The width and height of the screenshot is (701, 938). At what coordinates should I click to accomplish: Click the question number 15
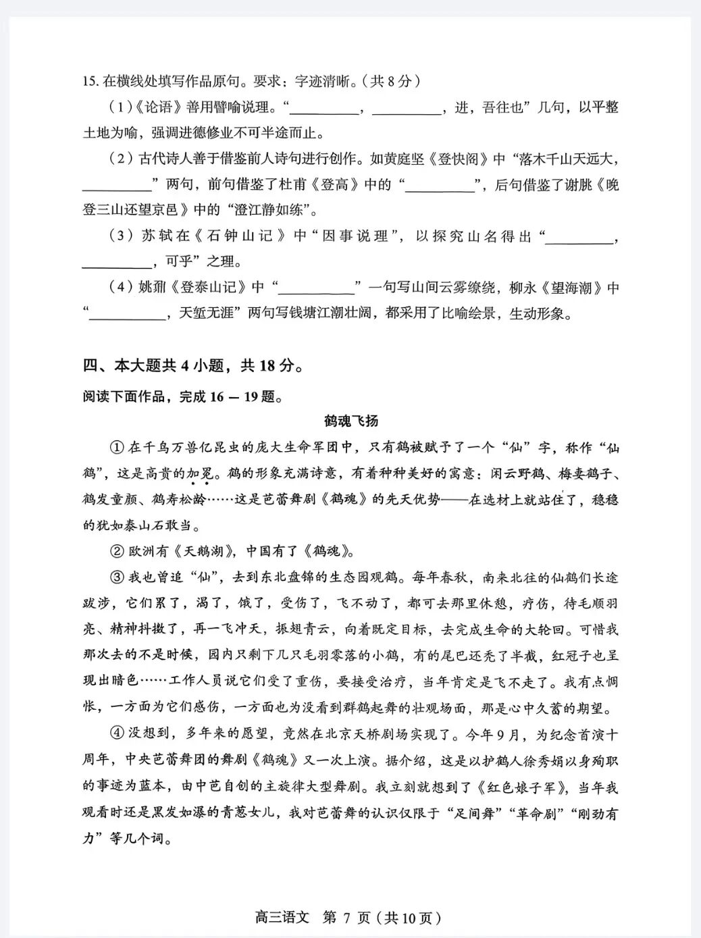click(x=90, y=82)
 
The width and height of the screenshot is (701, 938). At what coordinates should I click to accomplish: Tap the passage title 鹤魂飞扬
click(x=350, y=421)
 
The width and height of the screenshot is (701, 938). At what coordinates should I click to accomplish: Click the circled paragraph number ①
click(x=117, y=448)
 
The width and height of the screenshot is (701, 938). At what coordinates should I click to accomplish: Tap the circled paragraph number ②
click(x=117, y=551)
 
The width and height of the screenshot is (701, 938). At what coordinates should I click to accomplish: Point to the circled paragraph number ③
click(x=117, y=577)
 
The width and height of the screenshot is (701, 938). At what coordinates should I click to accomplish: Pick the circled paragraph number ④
click(x=117, y=735)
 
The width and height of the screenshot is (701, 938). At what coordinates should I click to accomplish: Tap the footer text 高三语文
click(x=282, y=918)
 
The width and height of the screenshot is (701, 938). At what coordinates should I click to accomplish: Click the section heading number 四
click(x=90, y=366)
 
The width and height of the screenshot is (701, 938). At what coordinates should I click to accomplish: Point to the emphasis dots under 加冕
click(x=199, y=484)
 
